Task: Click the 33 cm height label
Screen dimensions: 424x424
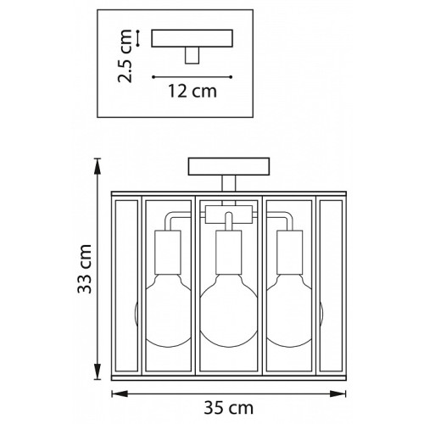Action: [85, 269]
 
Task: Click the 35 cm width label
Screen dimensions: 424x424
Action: [228, 408]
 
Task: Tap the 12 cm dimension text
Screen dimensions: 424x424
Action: [192, 92]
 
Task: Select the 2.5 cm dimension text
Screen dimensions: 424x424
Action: [125, 56]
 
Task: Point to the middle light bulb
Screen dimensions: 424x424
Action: [229, 310]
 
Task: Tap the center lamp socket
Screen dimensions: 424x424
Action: [229, 252]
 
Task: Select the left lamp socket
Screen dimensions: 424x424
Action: [168, 252]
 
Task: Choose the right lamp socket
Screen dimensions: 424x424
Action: [290, 252]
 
